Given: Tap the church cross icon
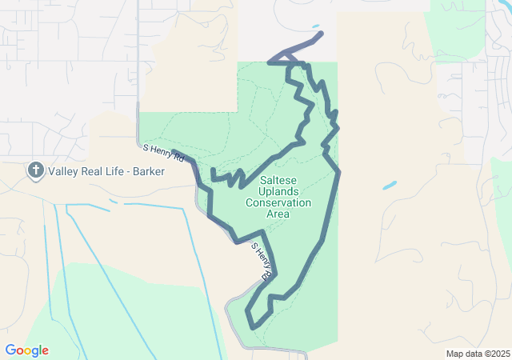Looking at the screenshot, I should pyautogui.click(x=35, y=170).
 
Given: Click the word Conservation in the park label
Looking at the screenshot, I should pyautogui.click(x=278, y=203).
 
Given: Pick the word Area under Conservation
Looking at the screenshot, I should pyautogui.click(x=278, y=214).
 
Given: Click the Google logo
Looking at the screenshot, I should pyautogui.click(x=27, y=350).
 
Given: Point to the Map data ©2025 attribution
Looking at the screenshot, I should pyautogui.click(x=477, y=354).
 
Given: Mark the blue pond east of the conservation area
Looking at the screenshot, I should pyautogui.click(x=390, y=186).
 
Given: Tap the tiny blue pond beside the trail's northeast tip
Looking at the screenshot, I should pyautogui.click(x=315, y=26).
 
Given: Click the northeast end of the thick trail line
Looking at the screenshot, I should pyautogui.click(x=321, y=34).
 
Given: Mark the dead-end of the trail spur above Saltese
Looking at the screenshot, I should pyautogui.click(x=212, y=170).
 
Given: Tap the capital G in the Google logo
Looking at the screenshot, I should pyautogui.click(x=10, y=350).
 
